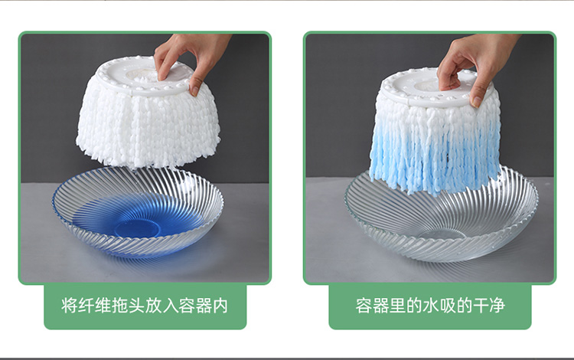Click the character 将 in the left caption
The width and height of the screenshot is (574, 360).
tap(70, 306)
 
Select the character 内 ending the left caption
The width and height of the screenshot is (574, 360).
tap(220, 306)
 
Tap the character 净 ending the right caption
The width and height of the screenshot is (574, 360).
tap(497, 306)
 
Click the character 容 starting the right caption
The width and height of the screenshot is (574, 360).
tap(364, 306)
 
